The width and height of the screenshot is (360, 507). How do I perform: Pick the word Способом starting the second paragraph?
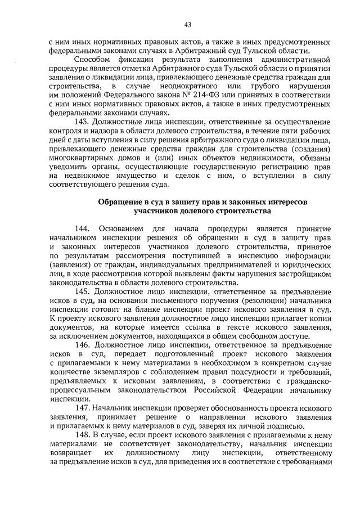pyautogui.click(x=94, y=60)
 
